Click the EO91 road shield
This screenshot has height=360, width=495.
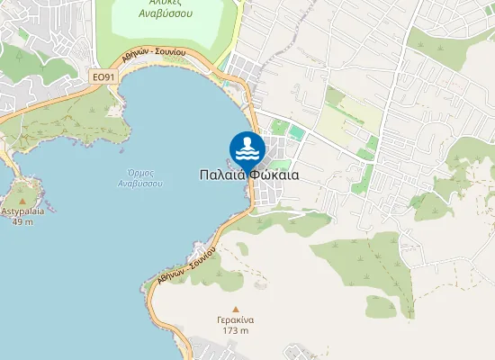point(104,77)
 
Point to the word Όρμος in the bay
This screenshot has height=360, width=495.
point(139,172)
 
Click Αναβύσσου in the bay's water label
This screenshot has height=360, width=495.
point(139,183)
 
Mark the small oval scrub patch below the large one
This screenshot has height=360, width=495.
point(381,307)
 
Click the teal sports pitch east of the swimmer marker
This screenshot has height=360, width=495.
point(296,133)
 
